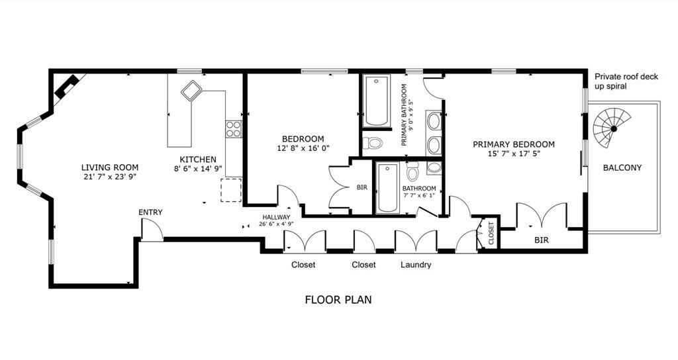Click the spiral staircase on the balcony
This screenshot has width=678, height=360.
point(610,128)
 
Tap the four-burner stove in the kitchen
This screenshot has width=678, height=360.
point(234,129)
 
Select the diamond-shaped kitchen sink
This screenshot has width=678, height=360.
point(191,90)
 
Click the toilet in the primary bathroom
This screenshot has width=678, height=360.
point(373,142)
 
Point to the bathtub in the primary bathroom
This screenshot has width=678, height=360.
point(376,101)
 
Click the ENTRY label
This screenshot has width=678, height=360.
point(150,212)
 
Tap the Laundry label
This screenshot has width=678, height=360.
point(416,265)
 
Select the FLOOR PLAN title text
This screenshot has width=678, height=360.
point(338,300)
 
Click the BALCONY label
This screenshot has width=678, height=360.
point(622,167)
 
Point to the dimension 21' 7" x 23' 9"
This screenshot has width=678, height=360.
point(110,176)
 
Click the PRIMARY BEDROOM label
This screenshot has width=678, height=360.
point(514,144)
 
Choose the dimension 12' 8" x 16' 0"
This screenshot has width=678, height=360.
point(303,148)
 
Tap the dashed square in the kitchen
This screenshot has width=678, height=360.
point(231,190)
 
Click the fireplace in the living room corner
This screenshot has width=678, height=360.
point(66,86)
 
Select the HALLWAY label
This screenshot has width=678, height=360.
point(276,217)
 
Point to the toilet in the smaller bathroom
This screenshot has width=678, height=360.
point(412,171)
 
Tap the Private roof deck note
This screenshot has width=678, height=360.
point(626,81)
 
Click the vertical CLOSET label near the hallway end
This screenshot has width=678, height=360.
point(491,234)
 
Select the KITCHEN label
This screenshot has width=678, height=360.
point(198,159)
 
